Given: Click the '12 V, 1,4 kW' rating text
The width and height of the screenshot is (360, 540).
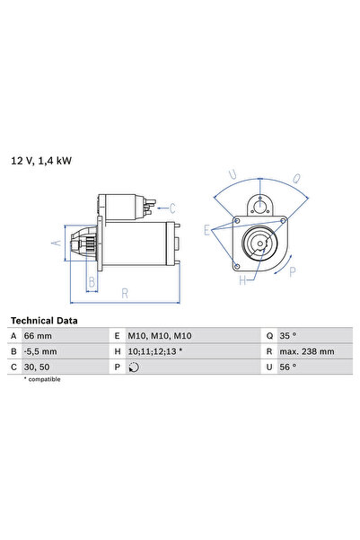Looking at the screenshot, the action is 41,161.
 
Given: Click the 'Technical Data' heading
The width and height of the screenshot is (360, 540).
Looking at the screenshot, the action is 44,321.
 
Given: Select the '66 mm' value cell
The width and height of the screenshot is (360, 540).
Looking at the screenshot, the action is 38,336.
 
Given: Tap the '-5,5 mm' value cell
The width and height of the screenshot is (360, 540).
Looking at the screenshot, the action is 40,351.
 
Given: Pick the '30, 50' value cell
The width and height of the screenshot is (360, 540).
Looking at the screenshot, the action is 37,367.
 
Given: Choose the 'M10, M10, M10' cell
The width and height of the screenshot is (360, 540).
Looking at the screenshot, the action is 160,336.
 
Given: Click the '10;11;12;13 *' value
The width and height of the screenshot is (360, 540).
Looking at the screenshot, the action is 155,351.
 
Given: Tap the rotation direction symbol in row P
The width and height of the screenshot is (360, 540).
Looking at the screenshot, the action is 134,367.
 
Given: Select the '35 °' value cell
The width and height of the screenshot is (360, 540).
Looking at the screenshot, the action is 287,336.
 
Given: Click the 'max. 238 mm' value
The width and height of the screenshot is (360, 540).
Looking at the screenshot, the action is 307,351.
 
